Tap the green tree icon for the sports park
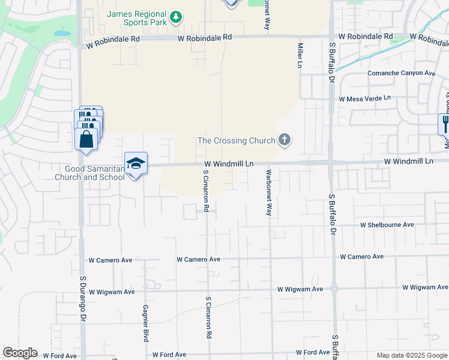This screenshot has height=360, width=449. [x=176, y=17]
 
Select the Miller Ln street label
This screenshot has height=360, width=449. [x=298, y=55]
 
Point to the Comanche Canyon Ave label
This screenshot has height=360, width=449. [x=401, y=73]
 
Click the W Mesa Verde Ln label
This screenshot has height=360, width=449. [x=364, y=98]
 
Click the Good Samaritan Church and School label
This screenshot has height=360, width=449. [x=90, y=173]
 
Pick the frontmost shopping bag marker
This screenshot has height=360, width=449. [x=86, y=139]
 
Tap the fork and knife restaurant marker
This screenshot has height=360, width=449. [x=445, y=124]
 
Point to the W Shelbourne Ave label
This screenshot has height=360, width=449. [x=387, y=225]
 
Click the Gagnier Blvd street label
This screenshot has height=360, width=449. [x=145, y=323]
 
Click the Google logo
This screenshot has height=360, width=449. [x=20, y=353]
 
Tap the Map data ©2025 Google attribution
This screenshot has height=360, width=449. [x=412, y=355]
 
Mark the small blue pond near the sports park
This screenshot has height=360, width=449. [x=62, y=34]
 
